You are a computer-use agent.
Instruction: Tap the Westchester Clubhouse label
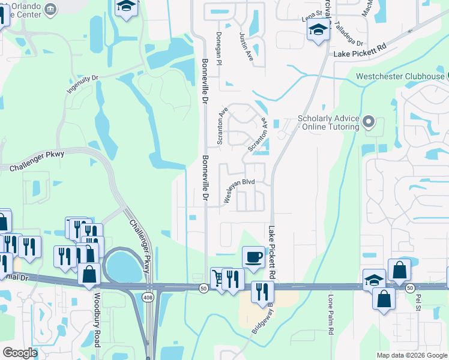pyautogui.click(x=400, y=76)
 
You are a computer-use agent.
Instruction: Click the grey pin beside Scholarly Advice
pyautogui.click(x=369, y=123)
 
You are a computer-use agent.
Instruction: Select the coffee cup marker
pyautogui.click(x=253, y=256)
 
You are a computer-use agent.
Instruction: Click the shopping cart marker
pyautogui.click(x=220, y=278)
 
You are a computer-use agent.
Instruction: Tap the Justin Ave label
pyautogui.click(x=246, y=49)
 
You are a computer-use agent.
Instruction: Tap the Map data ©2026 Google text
pyautogui.click(x=412, y=355)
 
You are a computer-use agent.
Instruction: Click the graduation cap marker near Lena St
pyautogui.click(x=318, y=29)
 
